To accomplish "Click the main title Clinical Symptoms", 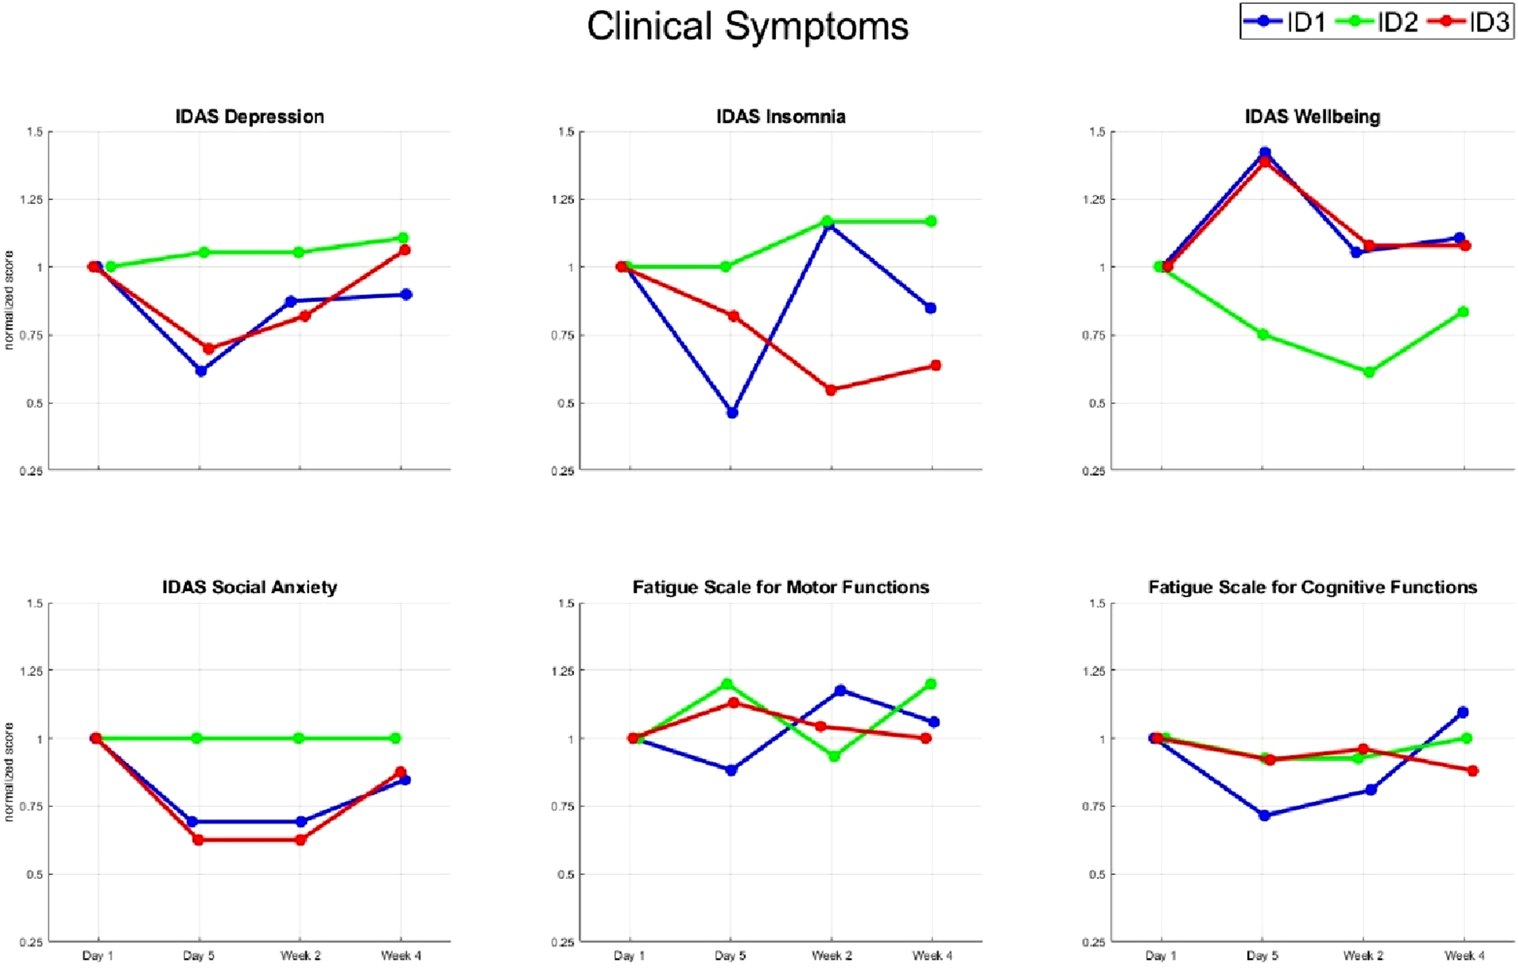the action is coord(748,27).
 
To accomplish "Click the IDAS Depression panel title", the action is coord(250,117).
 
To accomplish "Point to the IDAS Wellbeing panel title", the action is coord(1313,117).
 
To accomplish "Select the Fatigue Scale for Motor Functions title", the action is coord(781,587).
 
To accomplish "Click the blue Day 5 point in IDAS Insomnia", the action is coord(732,413).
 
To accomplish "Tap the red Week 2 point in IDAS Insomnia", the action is coord(831,390).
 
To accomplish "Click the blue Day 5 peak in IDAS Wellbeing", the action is coord(1265,153).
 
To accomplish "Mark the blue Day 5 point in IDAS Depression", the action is coord(201,371).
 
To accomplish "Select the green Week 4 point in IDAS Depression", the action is coord(403,238).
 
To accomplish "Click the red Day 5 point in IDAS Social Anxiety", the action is coord(198,840).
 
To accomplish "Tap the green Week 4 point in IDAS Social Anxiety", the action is coord(395,738).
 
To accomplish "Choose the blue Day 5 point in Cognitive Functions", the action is coord(1264,816).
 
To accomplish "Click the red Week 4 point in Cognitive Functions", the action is coord(1473,771).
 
